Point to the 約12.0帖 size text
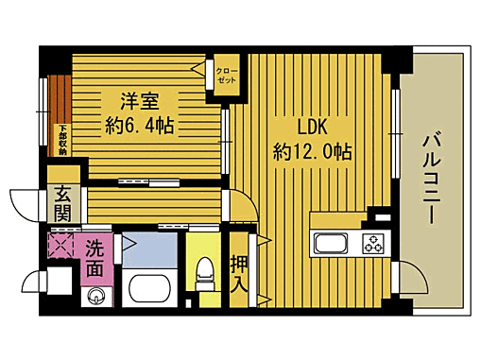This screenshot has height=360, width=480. [x=313, y=151]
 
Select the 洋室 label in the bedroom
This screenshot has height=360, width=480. [x=138, y=100]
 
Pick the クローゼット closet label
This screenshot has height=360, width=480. [x=226, y=75]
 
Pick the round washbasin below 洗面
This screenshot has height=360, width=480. [x=94, y=297]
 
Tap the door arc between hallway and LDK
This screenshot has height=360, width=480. [x=241, y=205]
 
